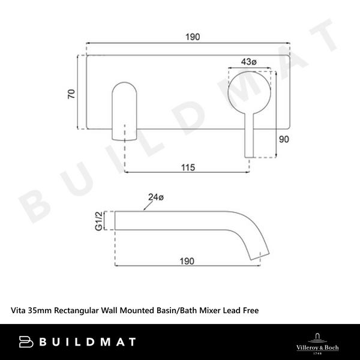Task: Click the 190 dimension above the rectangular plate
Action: click(x=191, y=37)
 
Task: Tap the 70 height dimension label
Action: click(x=71, y=93)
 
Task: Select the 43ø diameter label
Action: click(x=249, y=62)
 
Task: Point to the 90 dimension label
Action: click(x=284, y=139)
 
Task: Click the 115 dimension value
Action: click(x=188, y=167)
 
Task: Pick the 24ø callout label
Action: click(x=156, y=196)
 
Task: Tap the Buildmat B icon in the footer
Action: click(x=26, y=342)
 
